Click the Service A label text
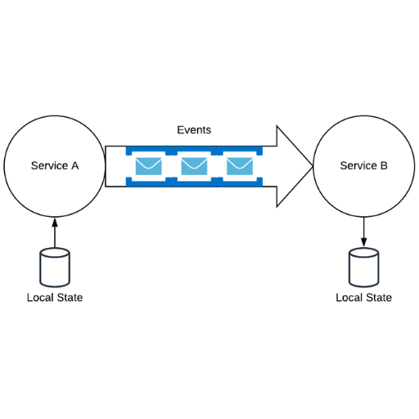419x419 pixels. (x=55, y=165)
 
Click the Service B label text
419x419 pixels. (x=363, y=165)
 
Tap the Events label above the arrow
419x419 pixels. (x=194, y=130)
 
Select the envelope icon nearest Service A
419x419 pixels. (x=148, y=166)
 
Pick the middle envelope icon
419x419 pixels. (x=194, y=166)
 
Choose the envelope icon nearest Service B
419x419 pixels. (x=240, y=166)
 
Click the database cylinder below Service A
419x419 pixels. (x=55, y=268)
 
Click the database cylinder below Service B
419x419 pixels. (x=364, y=268)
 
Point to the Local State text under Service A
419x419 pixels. (x=55, y=298)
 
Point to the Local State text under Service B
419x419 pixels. (x=364, y=298)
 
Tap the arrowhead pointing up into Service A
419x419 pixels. (x=55, y=222)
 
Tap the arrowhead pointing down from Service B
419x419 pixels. (x=364, y=242)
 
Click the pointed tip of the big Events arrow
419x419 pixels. (x=313, y=166)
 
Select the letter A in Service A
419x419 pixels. (x=75, y=165)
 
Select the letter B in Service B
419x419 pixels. (x=384, y=165)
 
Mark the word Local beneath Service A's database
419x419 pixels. (x=40, y=298)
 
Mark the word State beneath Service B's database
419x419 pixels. (x=379, y=298)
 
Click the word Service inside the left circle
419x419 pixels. (x=49, y=165)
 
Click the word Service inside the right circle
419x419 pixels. (x=358, y=165)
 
